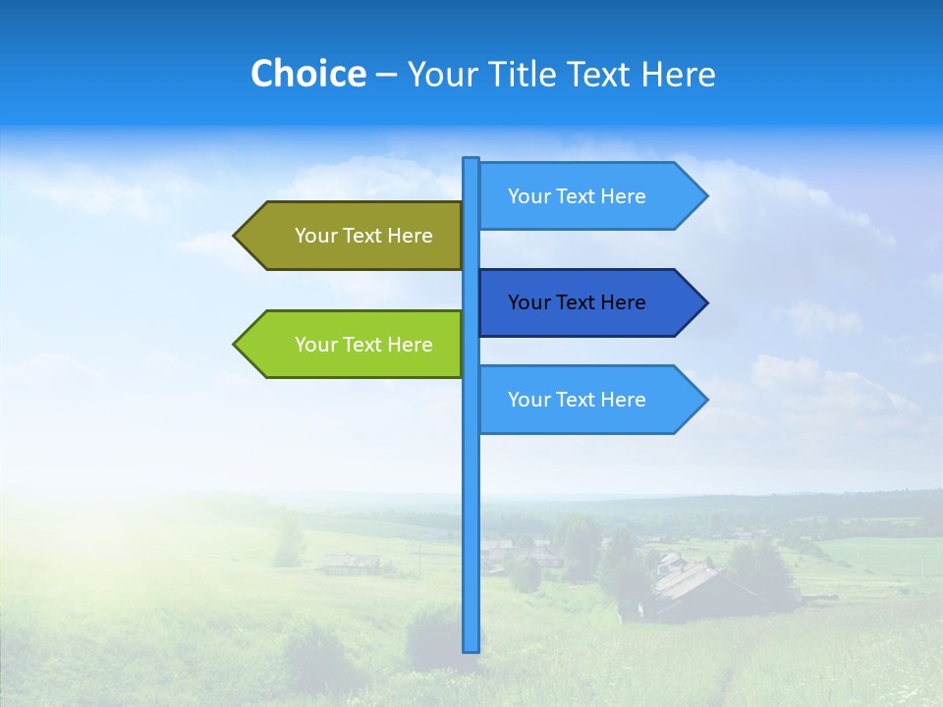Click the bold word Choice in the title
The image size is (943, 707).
(x=307, y=74)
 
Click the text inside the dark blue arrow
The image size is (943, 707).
(x=577, y=302)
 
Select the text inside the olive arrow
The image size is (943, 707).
(x=363, y=236)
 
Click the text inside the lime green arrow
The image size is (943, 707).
(x=363, y=345)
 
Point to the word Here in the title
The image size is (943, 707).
(x=678, y=74)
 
